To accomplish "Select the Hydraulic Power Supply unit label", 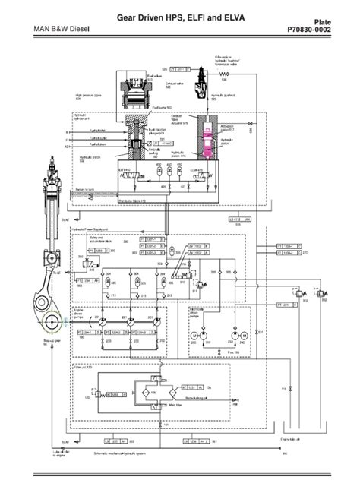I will (x=90, y=228).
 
